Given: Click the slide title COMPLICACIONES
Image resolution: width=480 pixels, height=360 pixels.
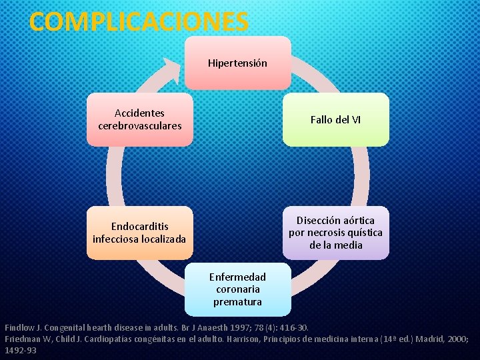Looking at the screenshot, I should click(x=139, y=21).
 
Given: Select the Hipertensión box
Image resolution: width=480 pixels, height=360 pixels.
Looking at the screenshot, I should click(x=237, y=63).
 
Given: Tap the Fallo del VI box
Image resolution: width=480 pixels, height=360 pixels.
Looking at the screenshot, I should click(x=335, y=119).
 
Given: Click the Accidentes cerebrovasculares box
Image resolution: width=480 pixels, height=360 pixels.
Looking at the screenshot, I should click(x=139, y=119).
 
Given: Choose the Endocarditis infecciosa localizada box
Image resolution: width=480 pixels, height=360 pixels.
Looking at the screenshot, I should click(x=139, y=233).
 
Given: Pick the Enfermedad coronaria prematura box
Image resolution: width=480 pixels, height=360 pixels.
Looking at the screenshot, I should click(x=237, y=289).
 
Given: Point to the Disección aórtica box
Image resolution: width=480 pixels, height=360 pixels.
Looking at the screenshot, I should click(x=335, y=233).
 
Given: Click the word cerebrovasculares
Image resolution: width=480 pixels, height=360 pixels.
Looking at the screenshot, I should click(x=140, y=125).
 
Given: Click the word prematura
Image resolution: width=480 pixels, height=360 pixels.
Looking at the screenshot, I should click(x=237, y=302).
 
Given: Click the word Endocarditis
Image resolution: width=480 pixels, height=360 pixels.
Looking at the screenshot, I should click(x=140, y=227).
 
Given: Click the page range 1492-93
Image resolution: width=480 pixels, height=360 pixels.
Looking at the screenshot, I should click(x=21, y=349).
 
